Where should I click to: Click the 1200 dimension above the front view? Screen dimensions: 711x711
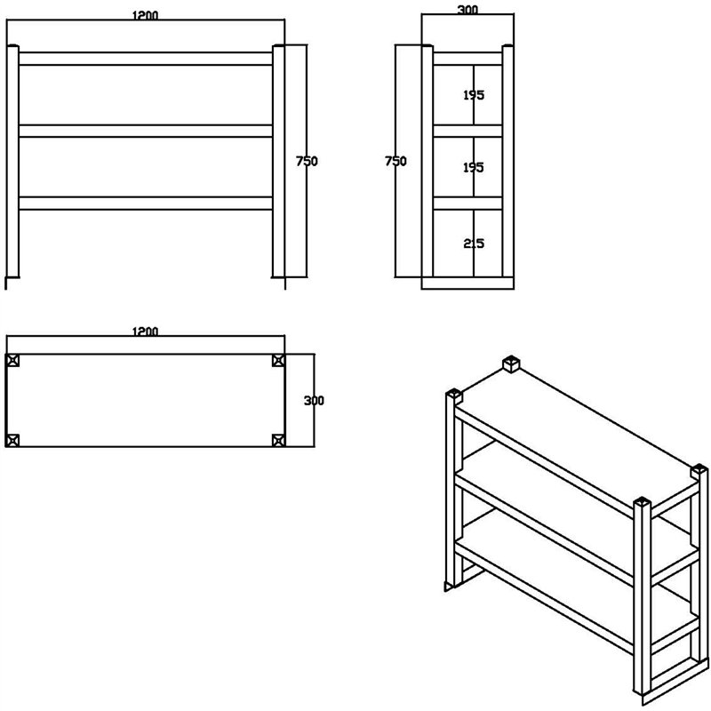click(x=145, y=15)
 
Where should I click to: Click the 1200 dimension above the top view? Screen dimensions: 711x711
click(x=145, y=332)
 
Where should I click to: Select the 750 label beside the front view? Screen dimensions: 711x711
click(x=307, y=161)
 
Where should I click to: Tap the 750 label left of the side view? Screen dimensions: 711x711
click(x=395, y=161)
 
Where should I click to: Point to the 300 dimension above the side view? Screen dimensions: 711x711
click(x=467, y=9)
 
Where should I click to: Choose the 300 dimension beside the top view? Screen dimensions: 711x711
click(x=314, y=401)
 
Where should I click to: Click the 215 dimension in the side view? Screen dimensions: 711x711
click(x=474, y=244)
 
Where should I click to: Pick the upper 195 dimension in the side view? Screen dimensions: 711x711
click(x=474, y=95)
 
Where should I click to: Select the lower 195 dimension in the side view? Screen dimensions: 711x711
click(x=474, y=167)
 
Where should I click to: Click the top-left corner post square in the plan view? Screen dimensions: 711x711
click(x=12, y=361)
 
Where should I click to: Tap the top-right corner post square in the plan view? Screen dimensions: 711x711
click(x=278, y=361)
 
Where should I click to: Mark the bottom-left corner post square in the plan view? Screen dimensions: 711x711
click(x=12, y=440)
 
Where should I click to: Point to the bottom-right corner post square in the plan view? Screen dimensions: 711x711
click(x=278, y=440)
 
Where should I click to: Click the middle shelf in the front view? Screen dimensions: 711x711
click(x=146, y=131)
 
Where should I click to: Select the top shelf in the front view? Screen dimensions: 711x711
click(x=146, y=59)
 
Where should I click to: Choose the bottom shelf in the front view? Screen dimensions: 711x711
click(x=146, y=204)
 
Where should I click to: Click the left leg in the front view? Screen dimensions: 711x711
click(x=12, y=161)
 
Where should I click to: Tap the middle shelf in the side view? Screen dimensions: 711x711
click(x=467, y=131)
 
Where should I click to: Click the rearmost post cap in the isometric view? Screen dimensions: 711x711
click(x=511, y=363)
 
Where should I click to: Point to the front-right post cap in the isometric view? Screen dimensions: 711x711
click(x=642, y=504)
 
